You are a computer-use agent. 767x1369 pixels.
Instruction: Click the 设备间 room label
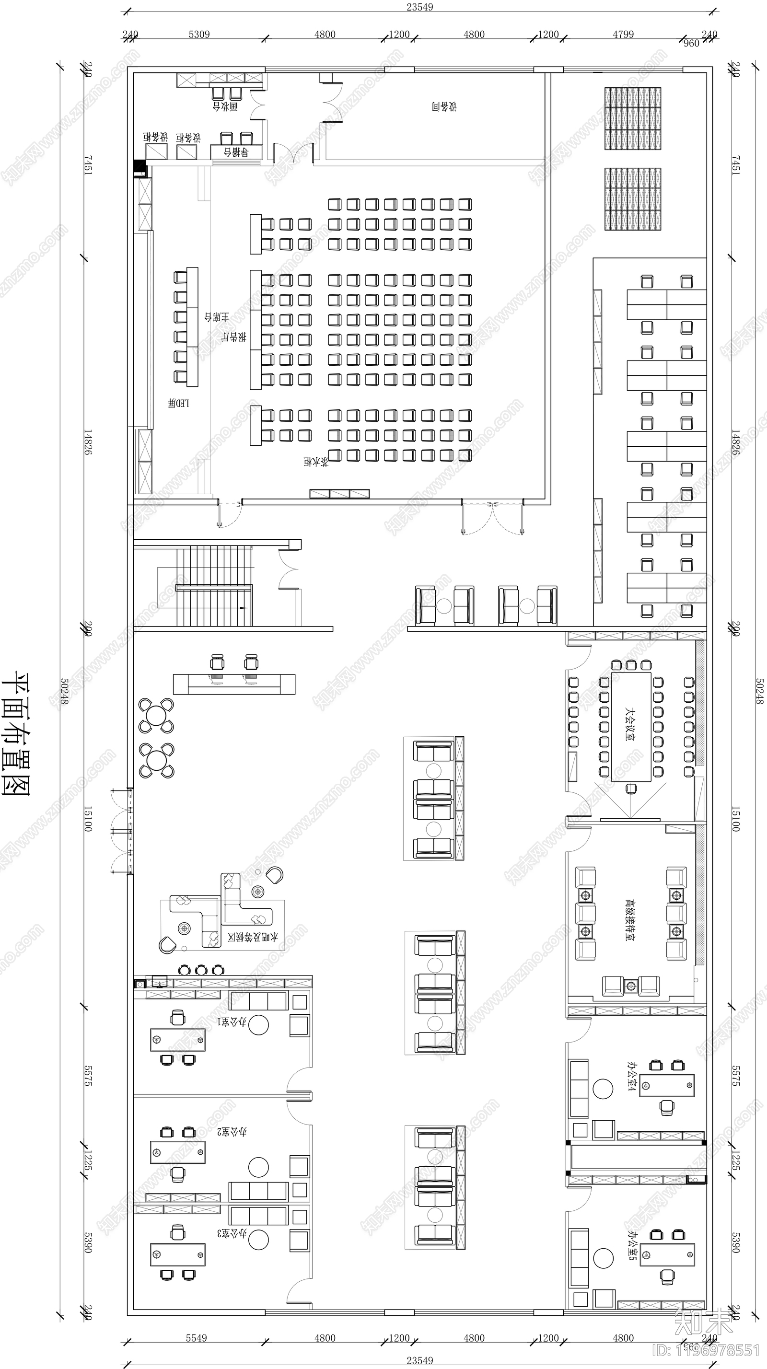click(444, 106)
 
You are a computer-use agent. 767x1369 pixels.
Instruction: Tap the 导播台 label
click(236, 152)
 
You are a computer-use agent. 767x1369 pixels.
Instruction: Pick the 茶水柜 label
click(316, 461)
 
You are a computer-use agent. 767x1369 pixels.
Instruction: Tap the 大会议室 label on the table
click(630, 723)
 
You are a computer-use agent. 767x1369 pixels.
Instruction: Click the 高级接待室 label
click(630, 920)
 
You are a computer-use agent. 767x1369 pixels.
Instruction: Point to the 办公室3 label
click(232, 1233)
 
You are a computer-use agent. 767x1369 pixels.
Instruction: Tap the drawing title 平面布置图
click(16, 733)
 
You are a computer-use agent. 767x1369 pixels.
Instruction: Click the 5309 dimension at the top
click(199, 35)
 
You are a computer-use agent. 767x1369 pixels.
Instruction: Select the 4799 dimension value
click(623, 35)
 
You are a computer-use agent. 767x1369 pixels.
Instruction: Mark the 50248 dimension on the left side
click(64, 691)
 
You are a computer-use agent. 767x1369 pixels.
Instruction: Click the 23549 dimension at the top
click(420, 7)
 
